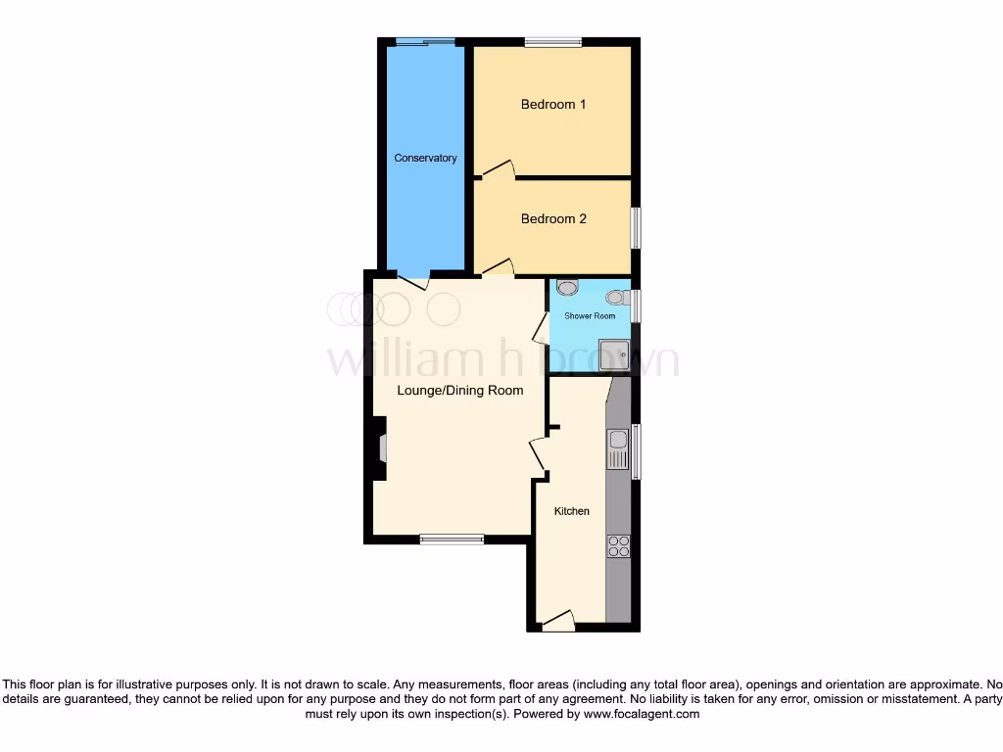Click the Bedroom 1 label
[553, 104]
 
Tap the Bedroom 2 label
[553, 218]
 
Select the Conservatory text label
[425, 158]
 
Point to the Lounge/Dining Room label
[459, 390]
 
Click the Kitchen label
[572, 511]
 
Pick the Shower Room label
[590, 316]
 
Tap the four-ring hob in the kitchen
[618, 545]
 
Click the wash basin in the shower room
[567, 287]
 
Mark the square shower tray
[614, 353]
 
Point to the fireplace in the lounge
[380, 448]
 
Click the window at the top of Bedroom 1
[552, 42]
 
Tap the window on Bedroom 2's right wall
[636, 227]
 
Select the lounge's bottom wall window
[452, 539]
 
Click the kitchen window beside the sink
[636, 450]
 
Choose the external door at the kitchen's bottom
[558, 622]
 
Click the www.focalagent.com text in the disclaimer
[641, 715]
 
